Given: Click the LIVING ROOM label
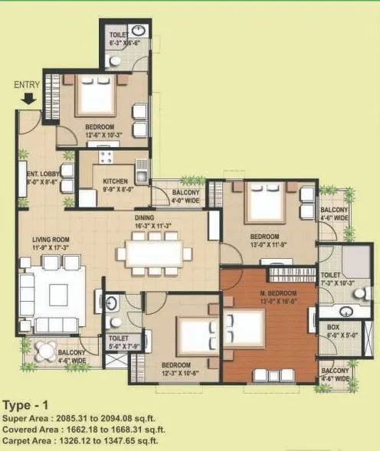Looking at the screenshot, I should pos(51,244).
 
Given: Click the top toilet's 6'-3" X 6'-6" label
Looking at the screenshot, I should pos(124,38).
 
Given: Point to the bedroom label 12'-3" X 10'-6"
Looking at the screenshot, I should pos(180,369).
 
